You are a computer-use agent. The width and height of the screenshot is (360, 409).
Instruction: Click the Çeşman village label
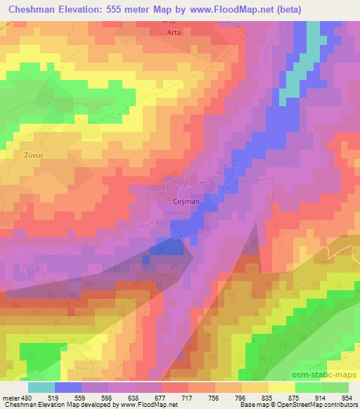186,201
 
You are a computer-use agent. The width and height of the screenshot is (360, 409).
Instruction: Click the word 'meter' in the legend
11,398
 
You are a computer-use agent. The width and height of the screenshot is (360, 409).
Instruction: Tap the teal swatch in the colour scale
41,387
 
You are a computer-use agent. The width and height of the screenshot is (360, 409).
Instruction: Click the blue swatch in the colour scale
68,387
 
